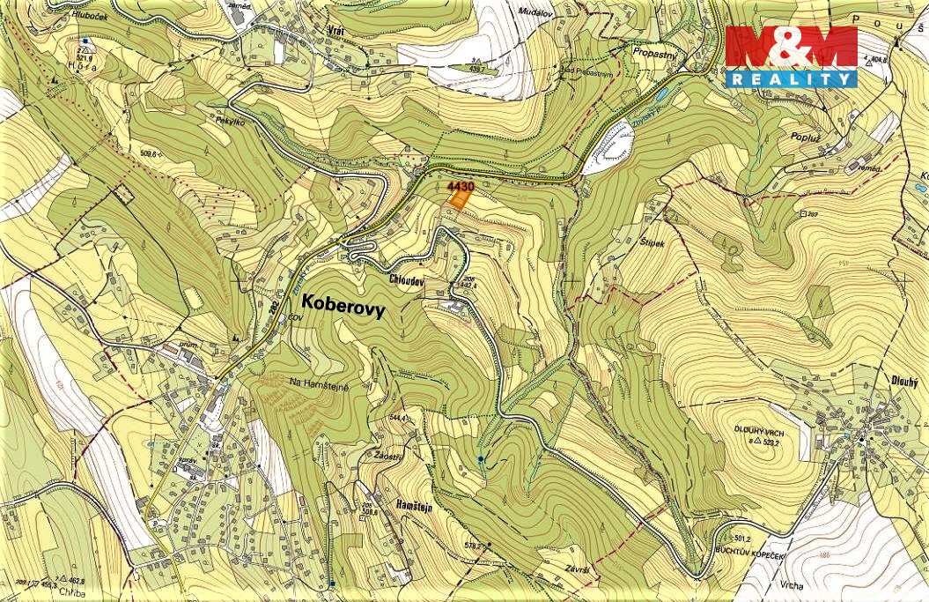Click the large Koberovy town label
(x=343, y=301)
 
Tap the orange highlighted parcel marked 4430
(x=458, y=198)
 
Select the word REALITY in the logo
(x=790, y=79)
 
